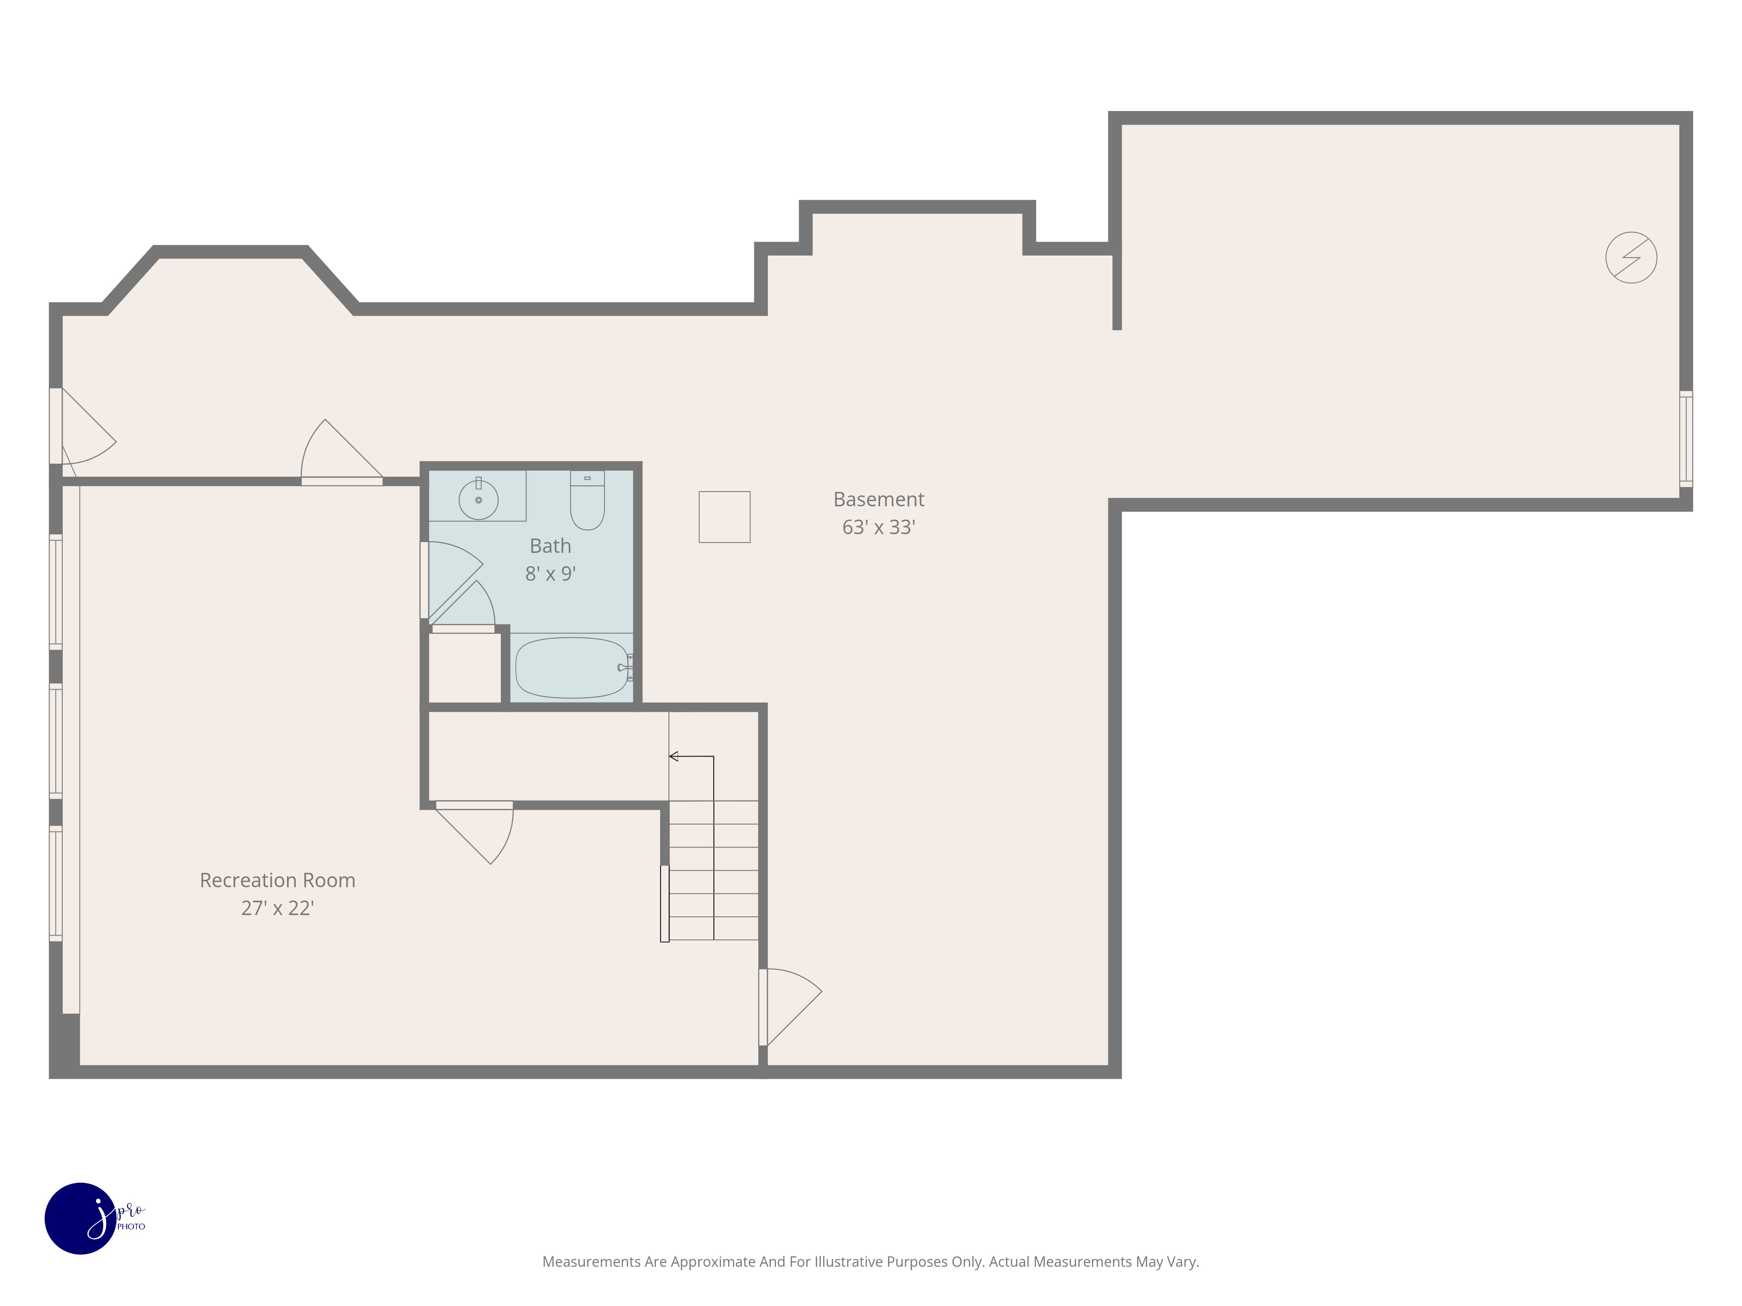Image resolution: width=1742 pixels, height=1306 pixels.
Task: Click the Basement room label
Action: [x=878, y=499]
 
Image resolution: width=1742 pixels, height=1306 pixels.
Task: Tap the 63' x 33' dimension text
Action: [x=878, y=528]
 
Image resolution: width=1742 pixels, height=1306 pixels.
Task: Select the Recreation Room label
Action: [x=277, y=880]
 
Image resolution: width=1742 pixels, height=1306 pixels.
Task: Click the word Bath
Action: [x=550, y=545]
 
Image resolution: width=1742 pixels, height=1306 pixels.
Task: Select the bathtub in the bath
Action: [x=571, y=667]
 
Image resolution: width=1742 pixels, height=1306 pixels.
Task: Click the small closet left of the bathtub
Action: [x=464, y=667]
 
